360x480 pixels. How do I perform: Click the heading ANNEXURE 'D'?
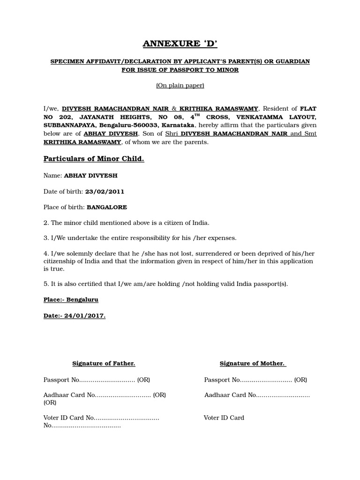pyautogui.click(x=180, y=44)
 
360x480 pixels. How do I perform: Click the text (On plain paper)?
pyautogui.click(x=180, y=85)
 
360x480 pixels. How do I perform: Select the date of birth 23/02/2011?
pyautogui.click(x=105, y=191)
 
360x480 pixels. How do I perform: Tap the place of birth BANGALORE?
pyautogui.click(x=107, y=207)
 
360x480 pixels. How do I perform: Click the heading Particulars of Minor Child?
pyautogui.click(x=94, y=159)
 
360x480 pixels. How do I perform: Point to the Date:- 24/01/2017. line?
pyautogui.click(x=75, y=315)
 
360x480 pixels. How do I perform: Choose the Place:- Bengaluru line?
pyautogui.click(x=71, y=300)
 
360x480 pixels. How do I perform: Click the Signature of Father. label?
pyautogui.click(x=104, y=363)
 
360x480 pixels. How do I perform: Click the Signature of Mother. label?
pyautogui.click(x=253, y=363)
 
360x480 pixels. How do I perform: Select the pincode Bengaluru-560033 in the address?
pyautogui.click(x=131, y=125)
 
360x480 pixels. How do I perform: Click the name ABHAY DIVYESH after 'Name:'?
pyautogui.click(x=90, y=176)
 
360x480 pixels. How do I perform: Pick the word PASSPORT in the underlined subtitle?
pyautogui.click(x=187, y=70)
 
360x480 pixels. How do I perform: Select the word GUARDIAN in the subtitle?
pyautogui.click(x=289, y=62)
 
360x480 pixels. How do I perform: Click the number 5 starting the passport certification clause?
pyautogui.click(x=45, y=284)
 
